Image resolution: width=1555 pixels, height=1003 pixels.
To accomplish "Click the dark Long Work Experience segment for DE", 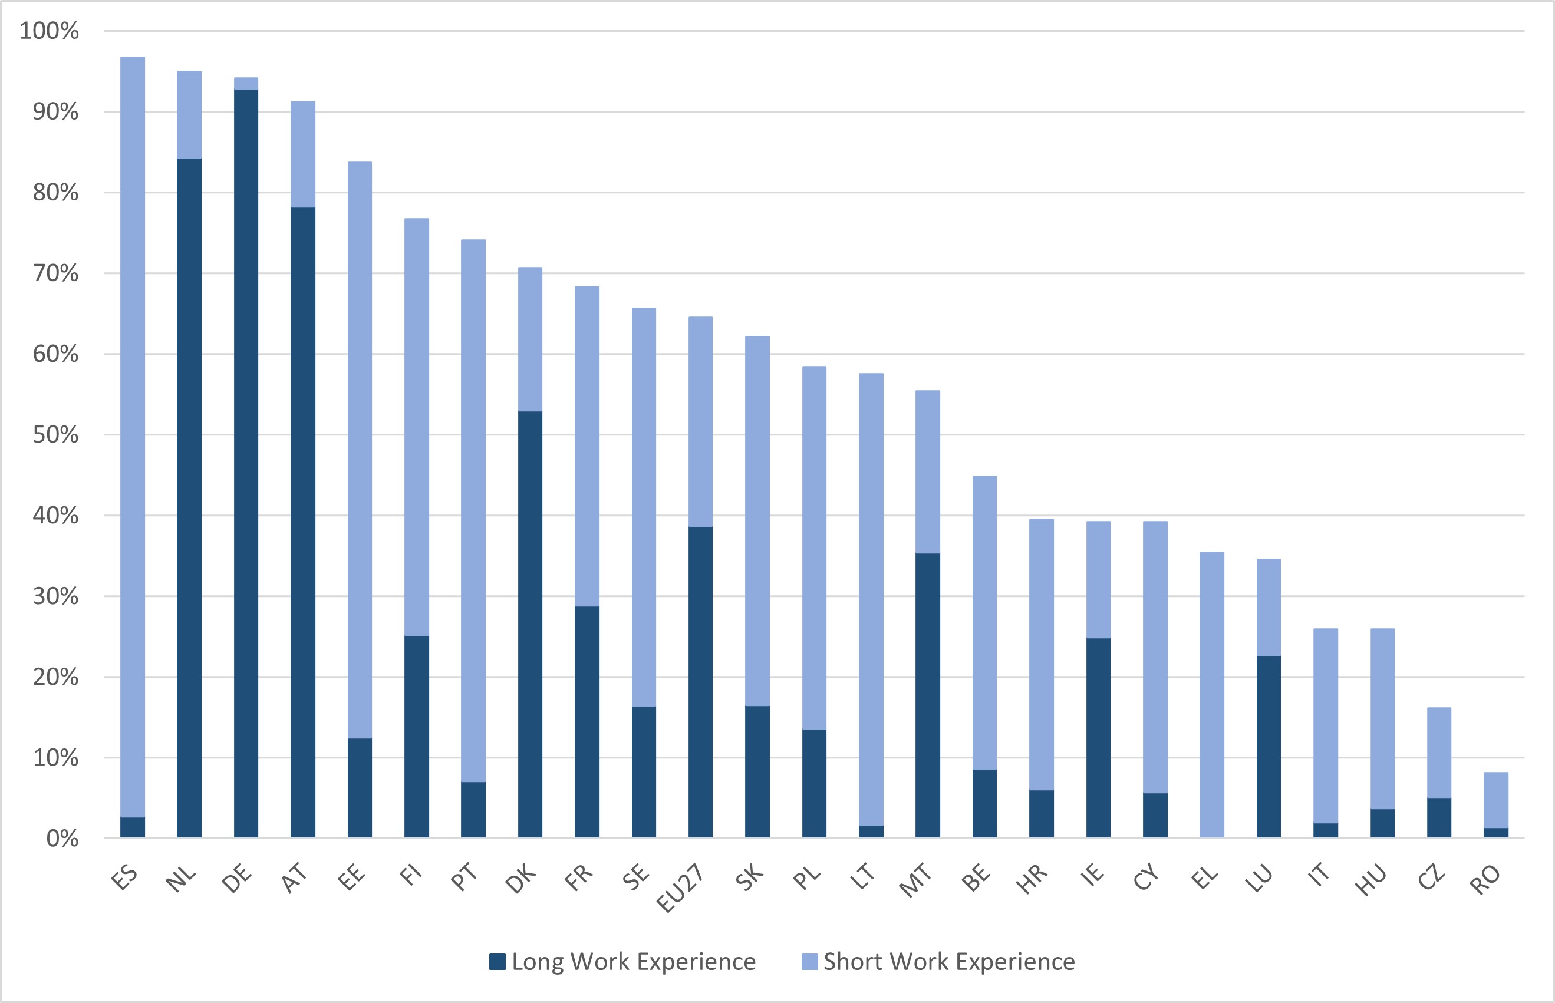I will click(246, 463).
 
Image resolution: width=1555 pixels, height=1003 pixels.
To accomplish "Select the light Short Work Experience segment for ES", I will click(133, 436).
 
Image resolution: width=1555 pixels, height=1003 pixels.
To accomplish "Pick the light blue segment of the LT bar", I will click(871, 599).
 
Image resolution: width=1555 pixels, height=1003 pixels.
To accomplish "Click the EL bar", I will click(1212, 694).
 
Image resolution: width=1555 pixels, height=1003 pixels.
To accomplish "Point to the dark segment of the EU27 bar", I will click(700, 682).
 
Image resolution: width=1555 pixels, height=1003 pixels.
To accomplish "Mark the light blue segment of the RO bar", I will click(1495, 800).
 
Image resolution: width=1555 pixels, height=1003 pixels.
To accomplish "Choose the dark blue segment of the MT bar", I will click(928, 695).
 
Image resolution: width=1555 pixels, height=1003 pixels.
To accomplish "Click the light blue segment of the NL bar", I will click(189, 115).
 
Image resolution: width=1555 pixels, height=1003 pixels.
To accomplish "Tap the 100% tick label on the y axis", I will click(49, 31).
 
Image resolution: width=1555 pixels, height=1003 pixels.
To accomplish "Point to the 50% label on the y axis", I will click(55, 435).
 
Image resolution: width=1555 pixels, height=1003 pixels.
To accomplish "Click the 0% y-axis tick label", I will click(62, 839).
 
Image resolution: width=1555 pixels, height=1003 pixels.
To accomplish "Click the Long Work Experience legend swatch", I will click(497, 962).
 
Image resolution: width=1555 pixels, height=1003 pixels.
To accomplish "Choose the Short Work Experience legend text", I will click(948, 962).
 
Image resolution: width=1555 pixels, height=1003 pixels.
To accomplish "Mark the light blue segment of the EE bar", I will click(360, 450).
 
